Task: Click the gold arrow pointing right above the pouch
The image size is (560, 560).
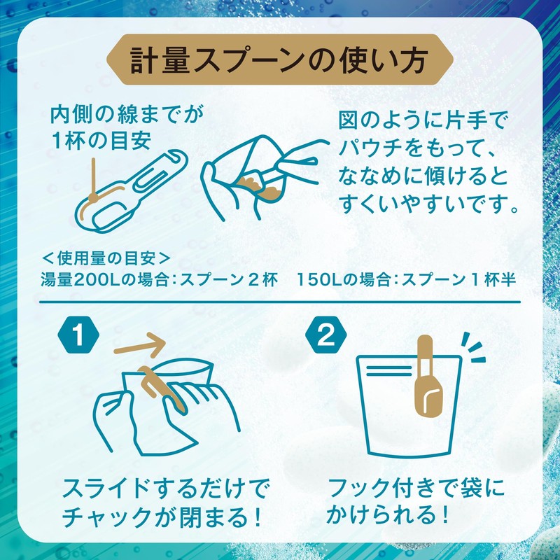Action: coord(140,344)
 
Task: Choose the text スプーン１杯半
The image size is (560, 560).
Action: coord(455,279)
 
